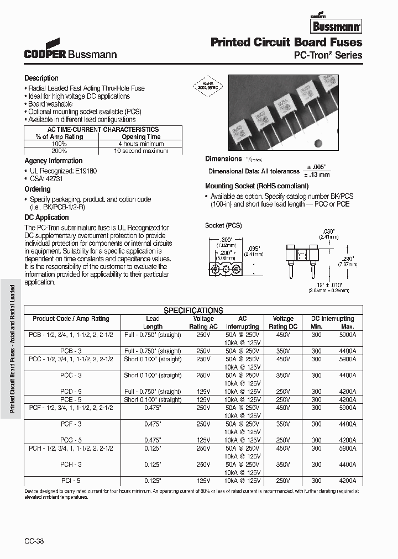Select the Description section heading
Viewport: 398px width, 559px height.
(x=41, y=78)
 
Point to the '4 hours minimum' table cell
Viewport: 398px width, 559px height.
(x=141, y=144)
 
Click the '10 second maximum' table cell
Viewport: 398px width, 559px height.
(x=141, y=150)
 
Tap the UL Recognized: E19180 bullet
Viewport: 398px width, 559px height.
(x=62, y=171)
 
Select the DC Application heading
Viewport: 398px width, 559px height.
(x=46, y=218)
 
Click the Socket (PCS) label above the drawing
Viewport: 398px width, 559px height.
(x=223, y=225)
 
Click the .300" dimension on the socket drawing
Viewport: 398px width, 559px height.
(x=224, y=239)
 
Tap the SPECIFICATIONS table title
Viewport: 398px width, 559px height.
(x=193, y=310)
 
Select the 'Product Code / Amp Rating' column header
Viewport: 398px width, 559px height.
(x=71, y=319)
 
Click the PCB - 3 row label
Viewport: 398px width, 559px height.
(x=71, y=351)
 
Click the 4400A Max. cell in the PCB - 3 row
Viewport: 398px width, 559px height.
(x=346, y=351)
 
